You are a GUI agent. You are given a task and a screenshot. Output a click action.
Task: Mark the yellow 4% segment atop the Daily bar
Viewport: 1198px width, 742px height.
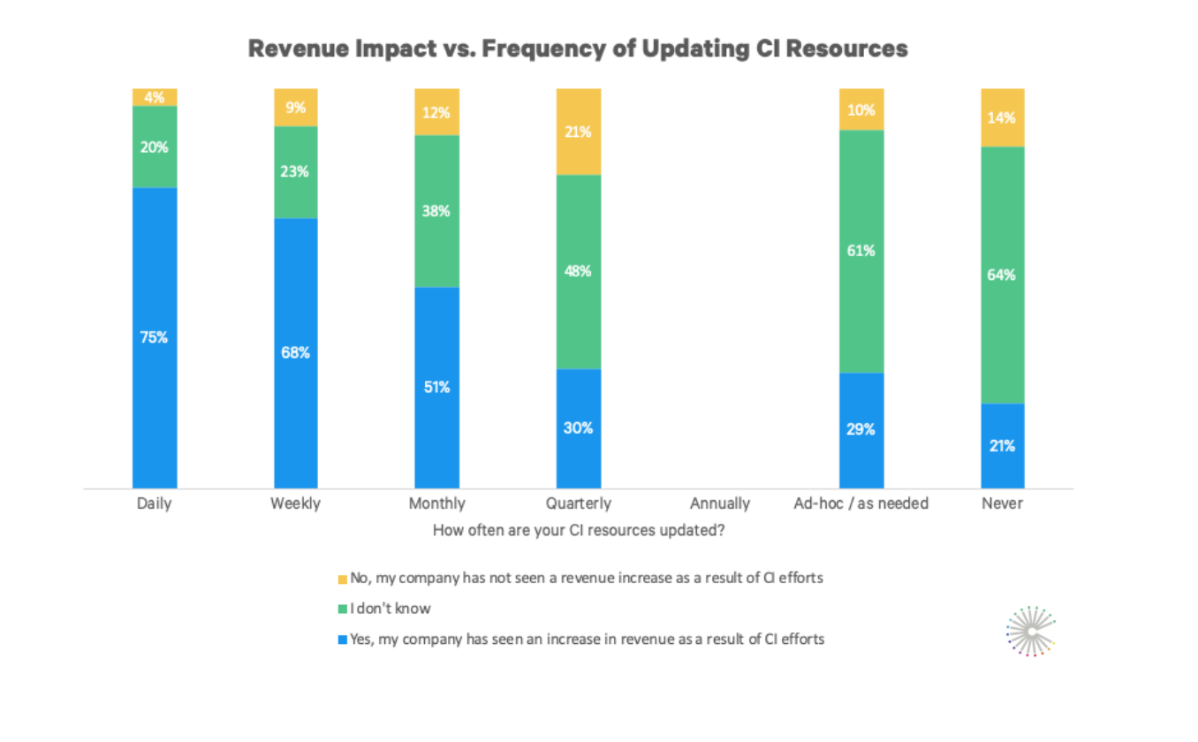[x=155, y=97]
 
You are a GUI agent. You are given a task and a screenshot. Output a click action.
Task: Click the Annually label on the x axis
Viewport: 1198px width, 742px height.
[x=720, y=503]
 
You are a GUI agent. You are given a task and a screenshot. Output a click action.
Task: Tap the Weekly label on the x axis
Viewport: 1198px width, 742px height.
[x=296, y=503]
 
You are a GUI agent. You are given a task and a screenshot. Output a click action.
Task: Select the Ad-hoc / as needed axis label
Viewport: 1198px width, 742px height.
[x=861, y=503]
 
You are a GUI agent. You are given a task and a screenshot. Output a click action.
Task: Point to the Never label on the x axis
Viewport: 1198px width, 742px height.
[x=1003, y=503]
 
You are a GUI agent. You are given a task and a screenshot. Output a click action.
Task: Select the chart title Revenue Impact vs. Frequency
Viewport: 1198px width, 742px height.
[x=578, y=49]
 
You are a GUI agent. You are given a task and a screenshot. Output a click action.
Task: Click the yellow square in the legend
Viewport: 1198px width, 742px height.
[x=342, y=579]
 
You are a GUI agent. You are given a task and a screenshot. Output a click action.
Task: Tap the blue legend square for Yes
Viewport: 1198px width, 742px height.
[x=342, y=639]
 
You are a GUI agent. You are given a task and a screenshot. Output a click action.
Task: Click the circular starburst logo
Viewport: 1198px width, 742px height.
[x=1031, y=631]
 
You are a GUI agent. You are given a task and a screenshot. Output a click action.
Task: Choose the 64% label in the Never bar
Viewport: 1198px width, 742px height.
[x=1003, y=275]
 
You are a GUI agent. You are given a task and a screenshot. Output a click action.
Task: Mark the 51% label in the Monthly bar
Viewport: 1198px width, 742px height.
[x=437, y=387]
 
